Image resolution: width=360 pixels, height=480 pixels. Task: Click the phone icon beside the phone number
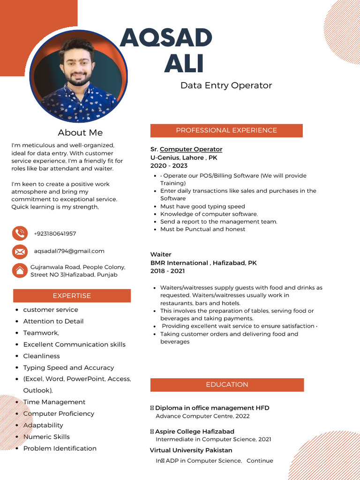(20, 233)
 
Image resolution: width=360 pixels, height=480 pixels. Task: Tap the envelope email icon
(20, 252)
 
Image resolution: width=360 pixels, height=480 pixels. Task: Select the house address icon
(20, 270)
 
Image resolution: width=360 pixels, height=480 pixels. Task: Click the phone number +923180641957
(55, 233)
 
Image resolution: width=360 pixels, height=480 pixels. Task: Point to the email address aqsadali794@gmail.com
(69, 251)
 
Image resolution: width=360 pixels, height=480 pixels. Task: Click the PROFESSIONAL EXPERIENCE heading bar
(226, 130)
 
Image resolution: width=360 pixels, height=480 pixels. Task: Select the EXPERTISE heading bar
(72, 296)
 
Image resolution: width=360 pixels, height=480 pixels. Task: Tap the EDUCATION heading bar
(227, 384)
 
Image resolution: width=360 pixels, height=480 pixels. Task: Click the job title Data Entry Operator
(226, 85)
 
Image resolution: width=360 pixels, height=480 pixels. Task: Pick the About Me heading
(80, 133)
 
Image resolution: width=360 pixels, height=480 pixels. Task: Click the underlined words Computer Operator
(191, 149)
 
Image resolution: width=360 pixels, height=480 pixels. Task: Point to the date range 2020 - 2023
(169, 165)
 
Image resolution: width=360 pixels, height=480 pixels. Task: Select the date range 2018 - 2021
(167, 271)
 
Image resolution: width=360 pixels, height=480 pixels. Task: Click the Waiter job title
(161, 255)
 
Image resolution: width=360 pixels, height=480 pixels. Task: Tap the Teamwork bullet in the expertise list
(41, 333)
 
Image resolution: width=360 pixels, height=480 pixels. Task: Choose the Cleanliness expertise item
(42, 356)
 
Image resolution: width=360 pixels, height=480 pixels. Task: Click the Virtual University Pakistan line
(191, 450)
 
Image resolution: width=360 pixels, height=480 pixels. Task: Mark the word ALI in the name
(184, 64)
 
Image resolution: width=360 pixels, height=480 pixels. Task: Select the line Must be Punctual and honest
(202, 229)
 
